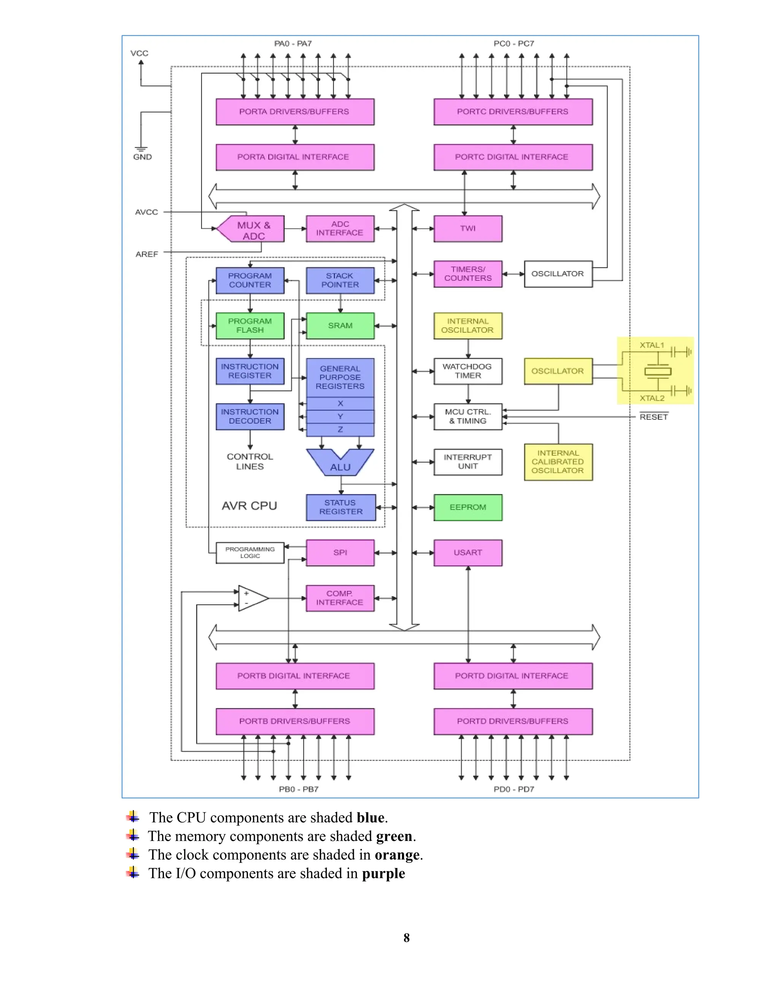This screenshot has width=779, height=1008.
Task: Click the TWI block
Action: click(467, 229)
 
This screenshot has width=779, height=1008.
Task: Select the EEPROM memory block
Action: click(467, 507)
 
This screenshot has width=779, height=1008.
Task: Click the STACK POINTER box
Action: click(340, 280)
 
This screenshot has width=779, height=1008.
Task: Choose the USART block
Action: click(467, 552)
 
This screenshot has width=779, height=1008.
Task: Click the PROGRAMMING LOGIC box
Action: click(250, 552)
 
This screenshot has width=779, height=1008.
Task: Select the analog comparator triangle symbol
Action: click(251, 598)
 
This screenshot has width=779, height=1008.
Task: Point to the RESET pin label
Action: click(653, 417)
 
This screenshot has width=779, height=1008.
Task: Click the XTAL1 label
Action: click(652, 345)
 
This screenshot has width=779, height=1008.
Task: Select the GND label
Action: click(142, 157)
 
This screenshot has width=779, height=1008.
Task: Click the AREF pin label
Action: click(147, 254)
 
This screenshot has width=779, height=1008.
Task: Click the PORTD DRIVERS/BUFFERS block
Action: click(513, 721)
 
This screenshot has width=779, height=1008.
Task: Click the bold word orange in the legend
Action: click(397, 855)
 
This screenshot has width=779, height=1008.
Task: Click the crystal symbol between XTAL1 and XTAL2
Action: click(658, 372)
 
